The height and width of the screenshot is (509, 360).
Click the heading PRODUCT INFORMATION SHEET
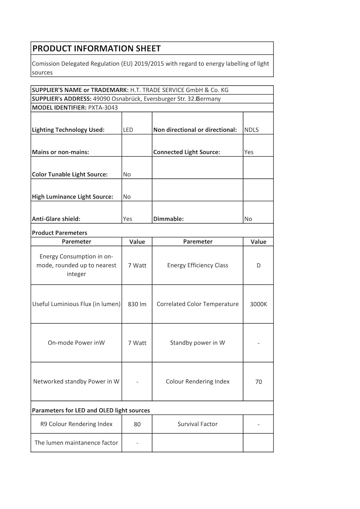[x=96, y=49]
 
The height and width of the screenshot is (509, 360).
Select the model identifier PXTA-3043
[x=103, y=108]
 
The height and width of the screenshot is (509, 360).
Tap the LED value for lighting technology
[x=128, y=130]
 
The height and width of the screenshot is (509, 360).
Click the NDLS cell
[x=251, y=130]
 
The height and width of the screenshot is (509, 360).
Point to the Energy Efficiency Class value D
[x=259, y=265]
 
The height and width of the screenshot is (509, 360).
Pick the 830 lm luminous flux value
[x=137, y=304]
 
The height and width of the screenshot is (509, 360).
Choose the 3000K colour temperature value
[x=259, y=304]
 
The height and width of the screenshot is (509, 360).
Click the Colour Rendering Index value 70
[x=259, y=382]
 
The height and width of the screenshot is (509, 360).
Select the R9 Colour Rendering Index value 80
[x=137, y=424]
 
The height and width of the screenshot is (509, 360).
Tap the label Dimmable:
[x=168, y=219]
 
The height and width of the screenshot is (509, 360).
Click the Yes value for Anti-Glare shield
[x=128, y=219]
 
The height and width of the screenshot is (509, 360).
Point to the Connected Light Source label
[x=187, y=152]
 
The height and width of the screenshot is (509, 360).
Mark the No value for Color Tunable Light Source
[x=127, y=174]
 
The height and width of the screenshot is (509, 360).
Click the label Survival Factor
[x=197, y=424]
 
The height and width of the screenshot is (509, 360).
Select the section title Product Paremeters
[x=59, y=233]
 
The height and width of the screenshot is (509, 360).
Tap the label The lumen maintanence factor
[x=76, y=442]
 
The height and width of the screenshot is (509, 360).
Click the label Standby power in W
[x=197, y=343]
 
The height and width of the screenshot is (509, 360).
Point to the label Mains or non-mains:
[x=60, y=152]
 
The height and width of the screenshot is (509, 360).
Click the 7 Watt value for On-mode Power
[x=137, y=343]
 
